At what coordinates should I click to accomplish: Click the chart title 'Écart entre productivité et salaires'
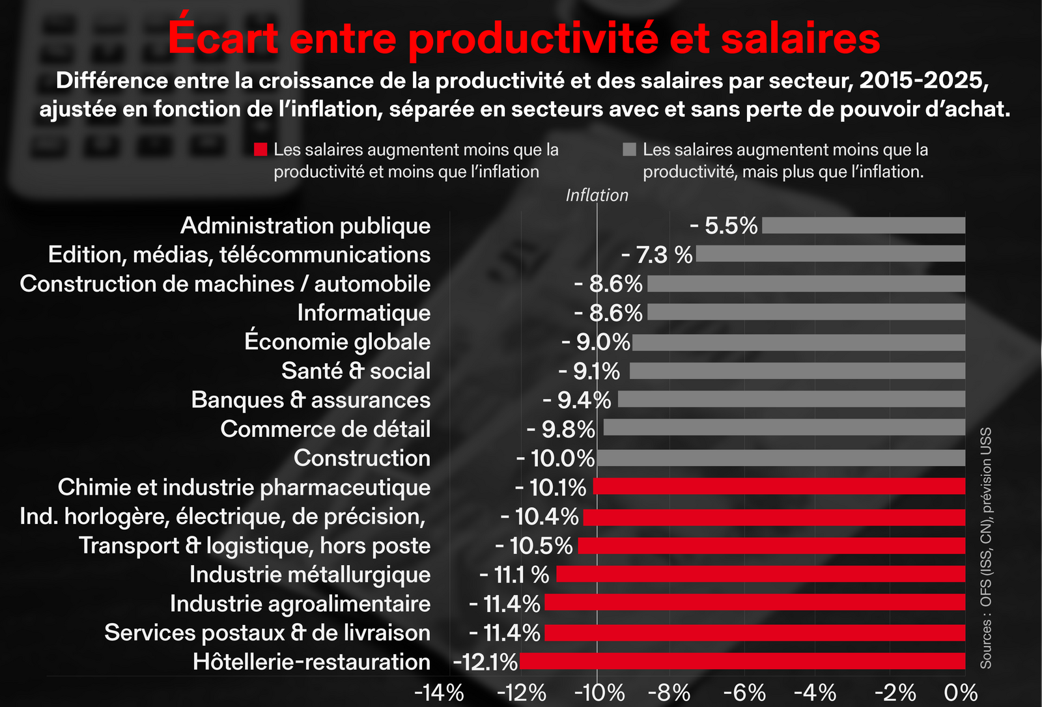[x=524, y=38]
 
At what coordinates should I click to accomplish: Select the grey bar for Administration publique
[x=863, y=225]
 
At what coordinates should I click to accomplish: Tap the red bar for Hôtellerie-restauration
[x=742, y=661]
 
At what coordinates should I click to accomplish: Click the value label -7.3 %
[x=656, y=255]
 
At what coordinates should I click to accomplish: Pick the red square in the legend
[x=260, y=150]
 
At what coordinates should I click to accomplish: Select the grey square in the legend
[x=629, y=150]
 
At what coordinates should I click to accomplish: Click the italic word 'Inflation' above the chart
[x=597, y=195]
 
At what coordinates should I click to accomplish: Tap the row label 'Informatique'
[x=363, y=313]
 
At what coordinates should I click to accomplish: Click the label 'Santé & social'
[x=356, y=371]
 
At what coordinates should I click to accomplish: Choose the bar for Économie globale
[x=798, y=342]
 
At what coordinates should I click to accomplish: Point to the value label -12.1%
[x=485, y=662]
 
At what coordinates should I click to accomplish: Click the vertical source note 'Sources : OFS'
[x=986, y=547]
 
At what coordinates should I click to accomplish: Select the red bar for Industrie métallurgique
[x=761, y=574]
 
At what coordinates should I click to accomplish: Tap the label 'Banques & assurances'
[x=311, y=400]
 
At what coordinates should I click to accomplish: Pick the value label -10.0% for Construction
[x=556, y=458]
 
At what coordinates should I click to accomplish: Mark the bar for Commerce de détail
[x=784, y=428]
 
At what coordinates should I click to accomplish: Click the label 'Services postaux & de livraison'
[x=267, y=633]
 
